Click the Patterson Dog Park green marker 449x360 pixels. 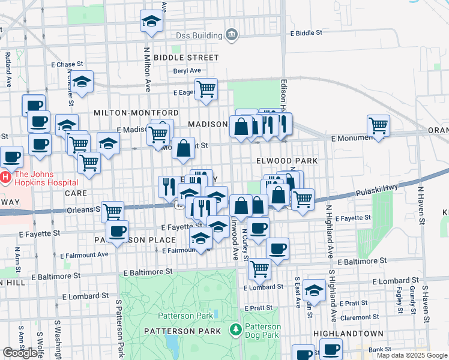(236, 329)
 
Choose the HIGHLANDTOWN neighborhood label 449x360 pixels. (343, 332)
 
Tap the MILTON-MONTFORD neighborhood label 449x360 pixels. (136, 113)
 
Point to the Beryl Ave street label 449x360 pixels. (187, 71)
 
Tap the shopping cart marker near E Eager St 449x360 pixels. (206, 89)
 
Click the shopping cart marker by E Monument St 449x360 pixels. (378, 125)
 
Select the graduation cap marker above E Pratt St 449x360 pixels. (314, 290)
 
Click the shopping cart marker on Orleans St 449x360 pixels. (112, 211)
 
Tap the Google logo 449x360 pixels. (20, 353)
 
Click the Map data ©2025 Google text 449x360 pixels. (412, 355)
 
